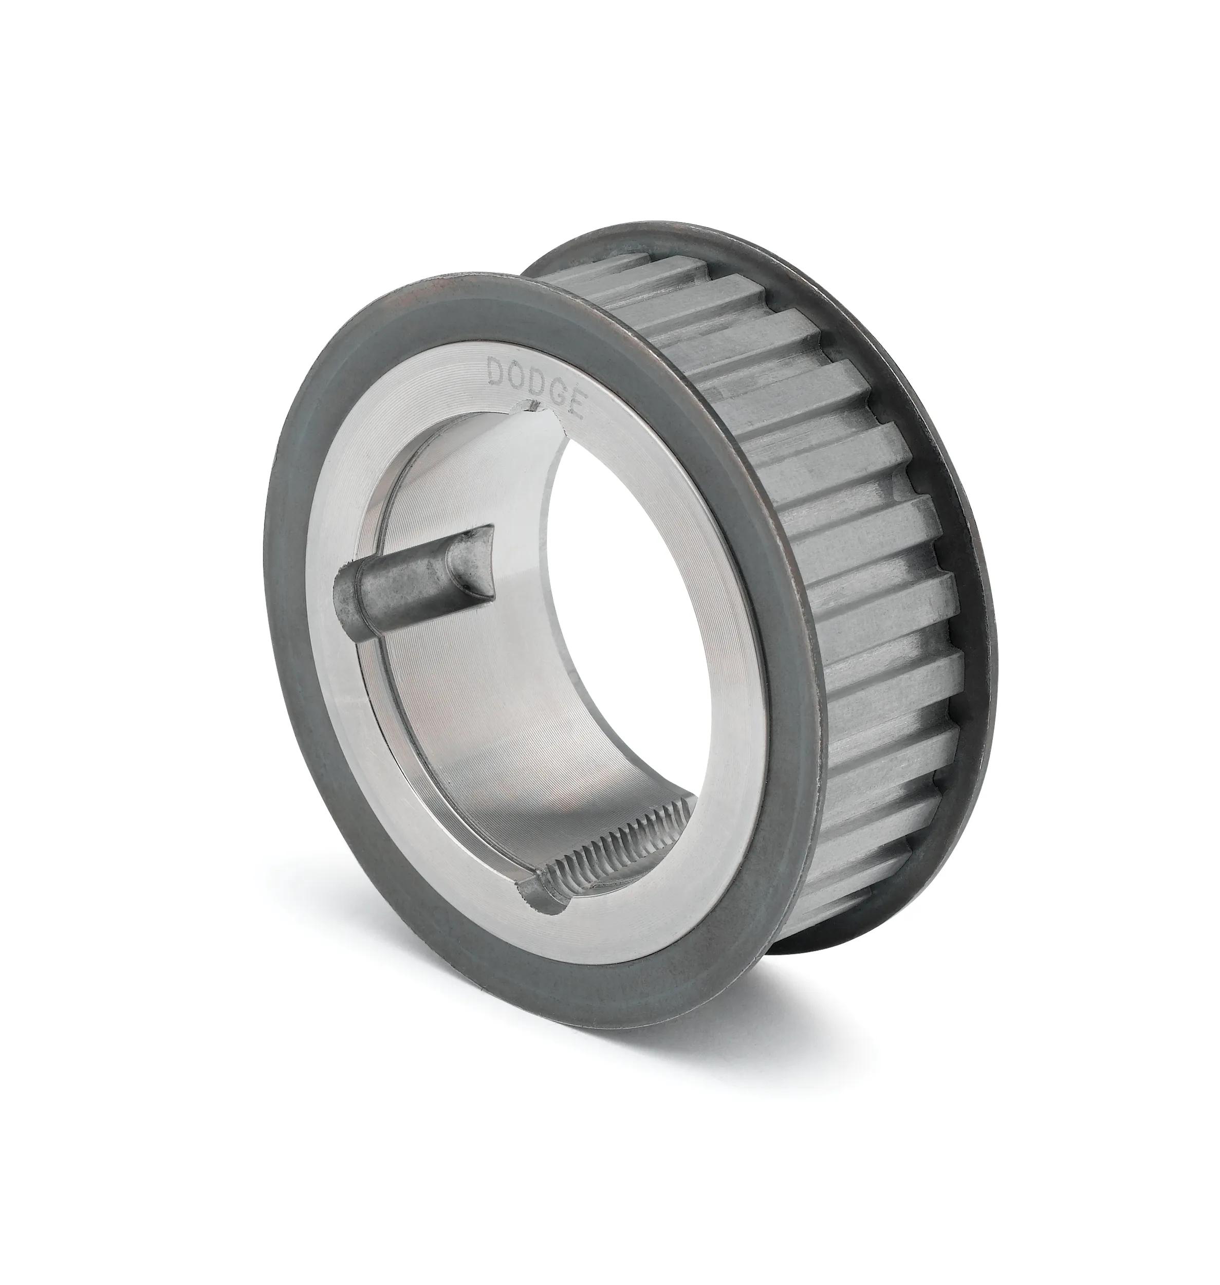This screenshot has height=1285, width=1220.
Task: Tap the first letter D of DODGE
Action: pyautogui.click(x=497, y=373)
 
